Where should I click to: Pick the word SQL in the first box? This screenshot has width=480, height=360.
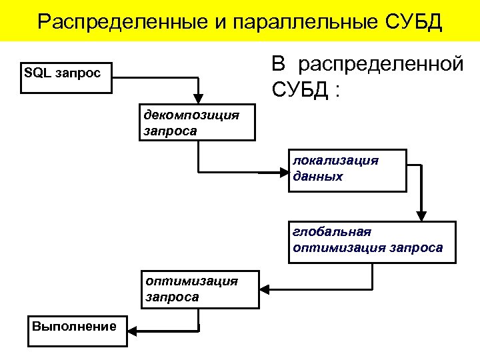coord(37,71)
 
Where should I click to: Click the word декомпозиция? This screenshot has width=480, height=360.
coord(191,115)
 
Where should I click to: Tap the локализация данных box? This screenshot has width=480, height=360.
coord(347,171)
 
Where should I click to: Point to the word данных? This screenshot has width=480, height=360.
coord(317,177)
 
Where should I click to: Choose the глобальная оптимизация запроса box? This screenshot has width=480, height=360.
coord(372,242)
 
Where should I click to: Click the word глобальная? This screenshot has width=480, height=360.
coord(331,232)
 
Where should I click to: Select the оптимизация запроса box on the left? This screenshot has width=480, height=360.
coord(199,289)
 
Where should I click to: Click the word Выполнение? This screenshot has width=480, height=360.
coord(74,326)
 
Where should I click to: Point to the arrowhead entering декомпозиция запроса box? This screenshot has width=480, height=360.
coord(197,99)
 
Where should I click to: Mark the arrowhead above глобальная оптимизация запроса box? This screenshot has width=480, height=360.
coord(420,215)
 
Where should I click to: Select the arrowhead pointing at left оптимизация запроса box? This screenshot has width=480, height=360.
coord(264,290)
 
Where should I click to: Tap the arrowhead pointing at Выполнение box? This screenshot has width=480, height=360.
coord(133,330)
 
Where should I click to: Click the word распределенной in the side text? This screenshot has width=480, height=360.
coord(381,65)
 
